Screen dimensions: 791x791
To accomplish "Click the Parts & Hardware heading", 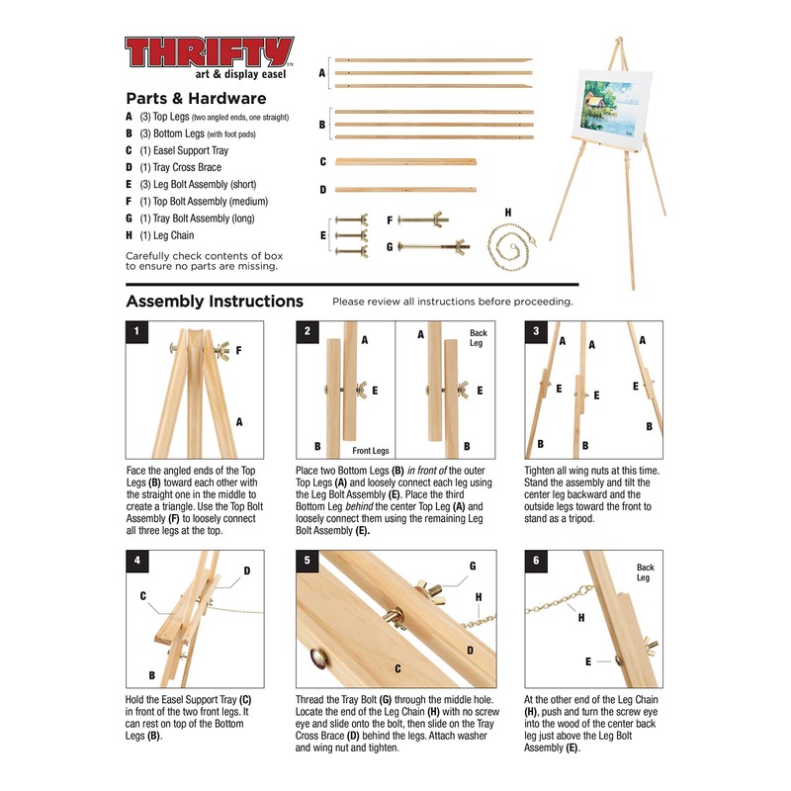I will point(196,99).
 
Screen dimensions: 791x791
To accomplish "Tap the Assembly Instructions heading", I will point(215,302).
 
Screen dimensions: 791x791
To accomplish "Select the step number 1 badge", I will point(137,331).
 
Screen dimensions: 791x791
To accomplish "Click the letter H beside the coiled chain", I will point(508,212).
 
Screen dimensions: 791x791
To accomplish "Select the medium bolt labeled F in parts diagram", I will point(427,220).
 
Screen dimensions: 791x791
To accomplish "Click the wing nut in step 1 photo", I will point(215,349).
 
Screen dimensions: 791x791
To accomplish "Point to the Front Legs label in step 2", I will point(371,450).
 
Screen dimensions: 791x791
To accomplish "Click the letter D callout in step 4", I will point(247,571).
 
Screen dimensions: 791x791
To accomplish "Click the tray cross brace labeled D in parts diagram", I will point(404,189).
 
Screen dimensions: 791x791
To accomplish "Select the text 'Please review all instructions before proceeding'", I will point(452,302).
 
